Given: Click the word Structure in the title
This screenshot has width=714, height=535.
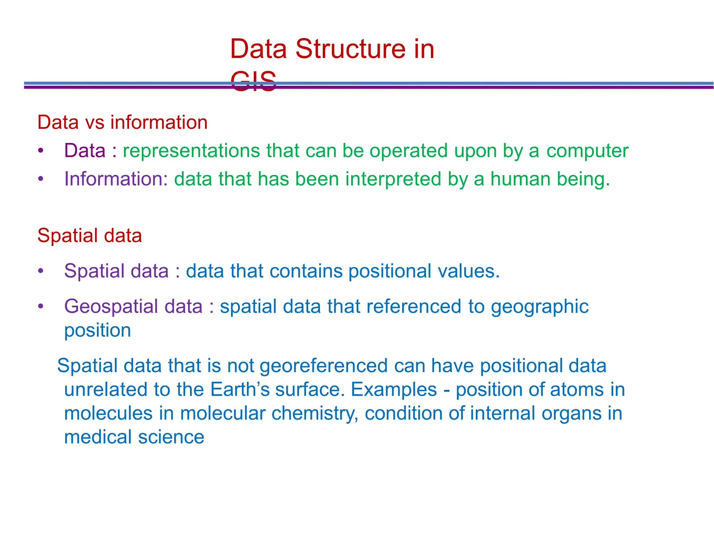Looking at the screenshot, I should (x=350, y=49).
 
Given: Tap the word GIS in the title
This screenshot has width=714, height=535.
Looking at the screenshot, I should (x=253, y=81).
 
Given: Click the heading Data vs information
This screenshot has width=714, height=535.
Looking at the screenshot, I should (x=122, y=122).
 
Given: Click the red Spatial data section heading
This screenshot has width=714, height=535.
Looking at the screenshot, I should (x=90, y=235).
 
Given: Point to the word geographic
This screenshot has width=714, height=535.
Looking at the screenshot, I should (x=540, y=307).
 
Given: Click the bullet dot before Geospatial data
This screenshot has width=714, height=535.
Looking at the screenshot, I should (x=41, y=306).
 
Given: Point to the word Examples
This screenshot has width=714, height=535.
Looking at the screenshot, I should (x=394, y=390).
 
